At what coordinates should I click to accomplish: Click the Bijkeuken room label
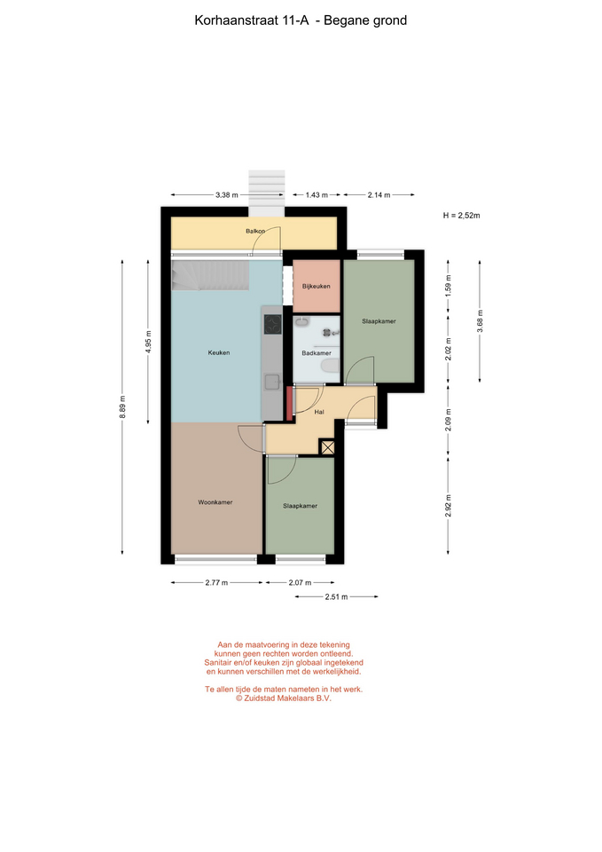pos(316,286)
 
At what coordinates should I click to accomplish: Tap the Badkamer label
pos(317,353)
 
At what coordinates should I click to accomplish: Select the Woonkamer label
pos(215,502)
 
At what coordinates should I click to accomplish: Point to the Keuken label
pos(219,352)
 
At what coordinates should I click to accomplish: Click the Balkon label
pos(255,231)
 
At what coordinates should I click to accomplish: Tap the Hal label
pos(319,412)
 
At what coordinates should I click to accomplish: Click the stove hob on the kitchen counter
pos(272,325)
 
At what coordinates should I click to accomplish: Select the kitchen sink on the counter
pos(272,382)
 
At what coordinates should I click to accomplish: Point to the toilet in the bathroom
pos(330,368)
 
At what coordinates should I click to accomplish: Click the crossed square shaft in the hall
pos(327,447)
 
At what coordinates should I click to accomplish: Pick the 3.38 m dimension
pos(227,195)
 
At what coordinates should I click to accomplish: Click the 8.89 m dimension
pos(122,407)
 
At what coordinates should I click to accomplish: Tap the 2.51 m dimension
pos(337,596)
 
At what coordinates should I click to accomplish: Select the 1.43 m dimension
pos(317,195)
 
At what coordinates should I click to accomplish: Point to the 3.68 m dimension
pos(480,320)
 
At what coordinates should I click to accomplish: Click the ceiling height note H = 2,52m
pos(461,215)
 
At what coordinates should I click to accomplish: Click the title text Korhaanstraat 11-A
pos(251,20)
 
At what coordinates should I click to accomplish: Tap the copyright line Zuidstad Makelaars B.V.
pos(284,698)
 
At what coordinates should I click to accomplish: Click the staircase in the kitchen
pos(211,275)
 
